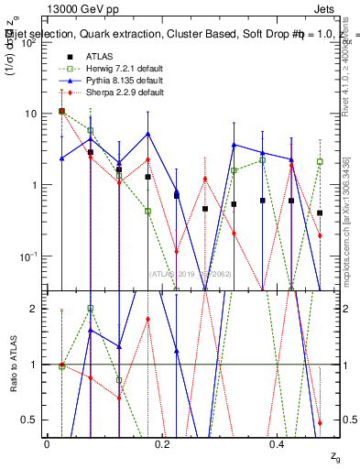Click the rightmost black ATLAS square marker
pos(320,213)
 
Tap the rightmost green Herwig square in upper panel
pos(320,161)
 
